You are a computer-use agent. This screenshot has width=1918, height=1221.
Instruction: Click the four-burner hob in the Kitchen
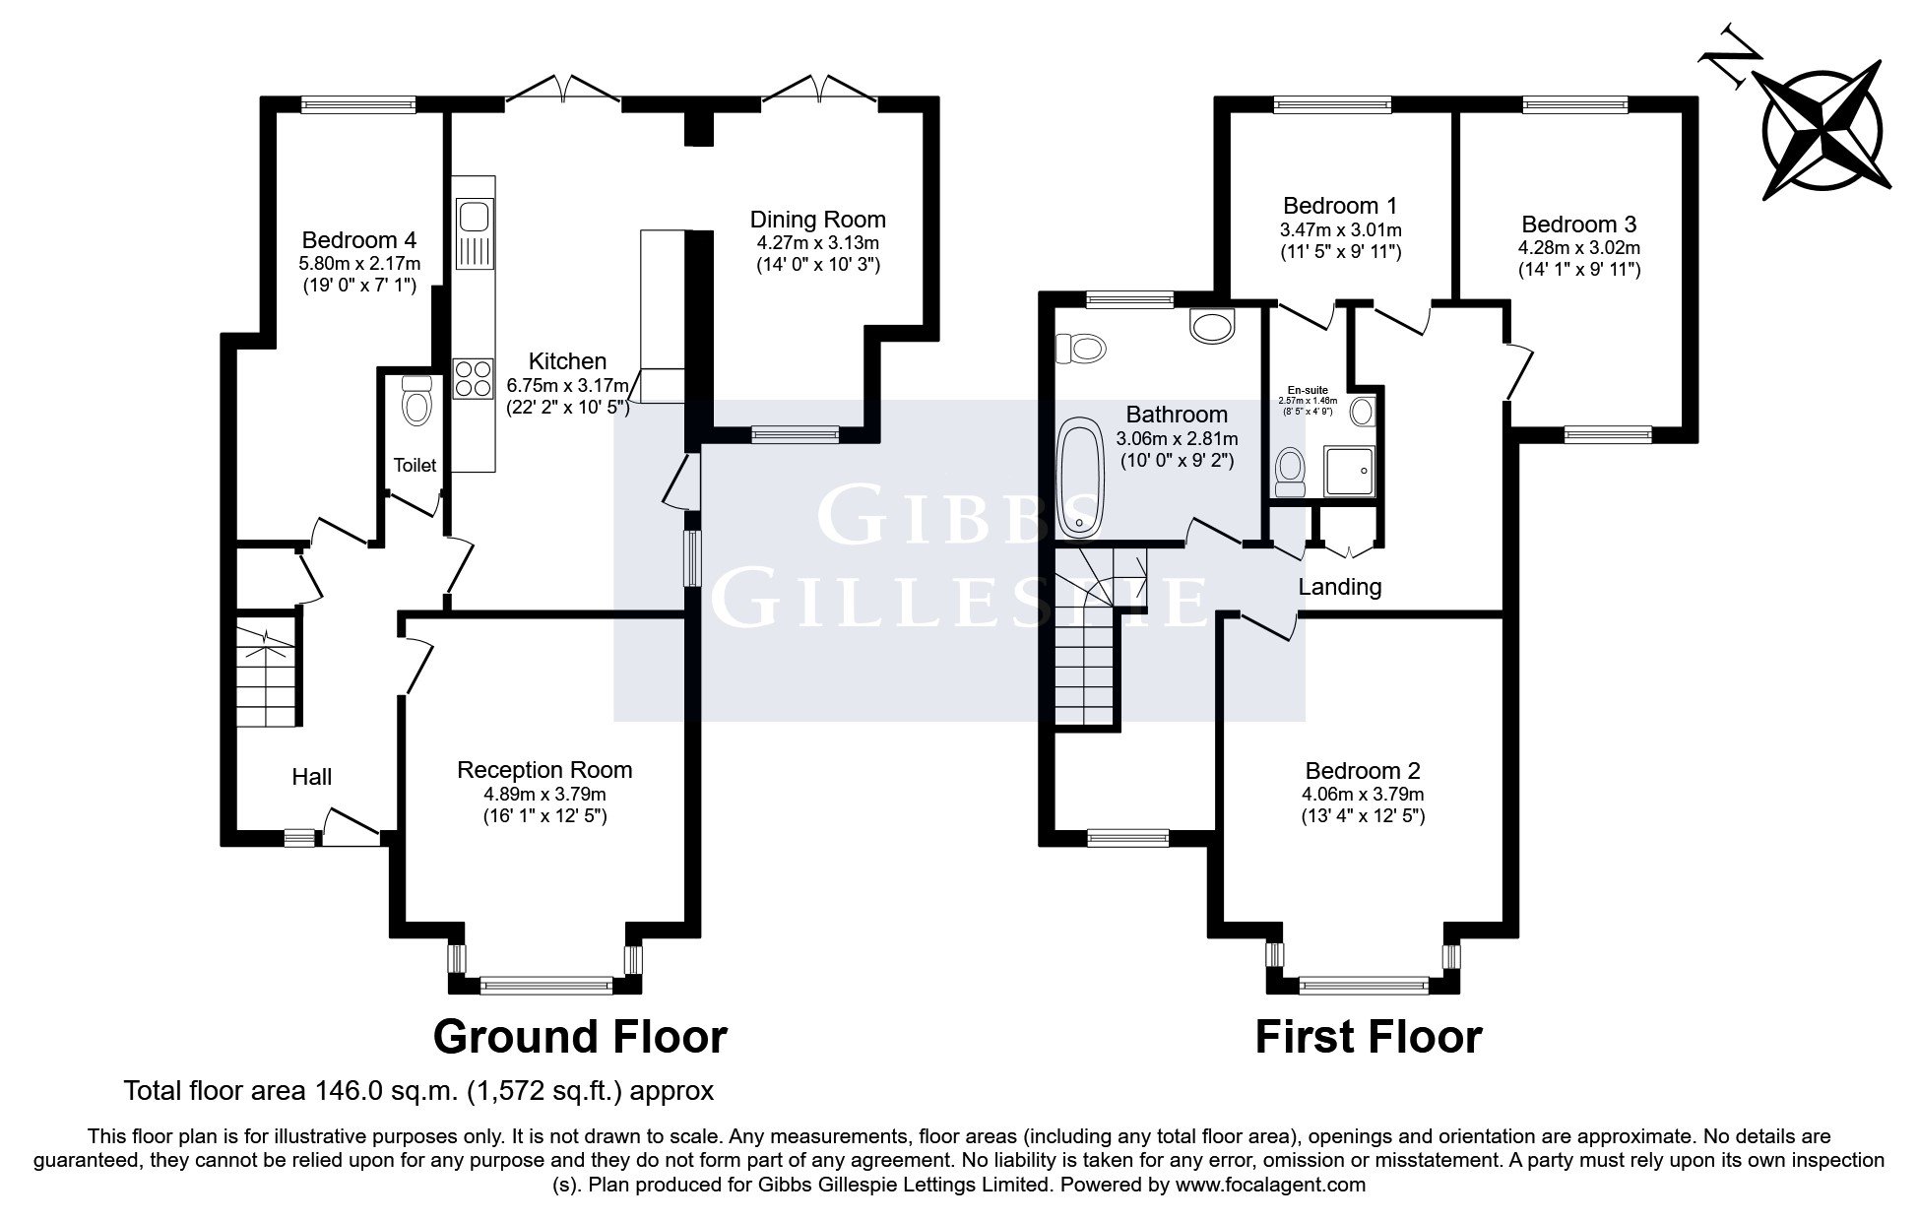474,378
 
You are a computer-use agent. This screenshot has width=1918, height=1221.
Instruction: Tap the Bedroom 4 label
358,240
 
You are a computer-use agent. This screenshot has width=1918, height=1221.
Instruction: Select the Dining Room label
817,220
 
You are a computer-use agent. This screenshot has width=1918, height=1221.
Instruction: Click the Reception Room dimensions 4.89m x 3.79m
544,794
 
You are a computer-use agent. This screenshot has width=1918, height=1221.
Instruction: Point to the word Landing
1339,588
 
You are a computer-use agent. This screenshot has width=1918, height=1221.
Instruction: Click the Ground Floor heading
580,1037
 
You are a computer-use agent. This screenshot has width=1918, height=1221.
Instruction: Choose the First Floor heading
1368,1037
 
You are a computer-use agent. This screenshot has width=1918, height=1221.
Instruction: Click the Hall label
311,777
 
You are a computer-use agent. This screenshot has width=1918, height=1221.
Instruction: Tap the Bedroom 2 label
1363,771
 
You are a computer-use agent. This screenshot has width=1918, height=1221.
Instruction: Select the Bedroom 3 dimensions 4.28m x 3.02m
1578,247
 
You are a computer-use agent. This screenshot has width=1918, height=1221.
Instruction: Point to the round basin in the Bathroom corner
1211,325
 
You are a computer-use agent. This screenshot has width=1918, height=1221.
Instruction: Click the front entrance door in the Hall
351,827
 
